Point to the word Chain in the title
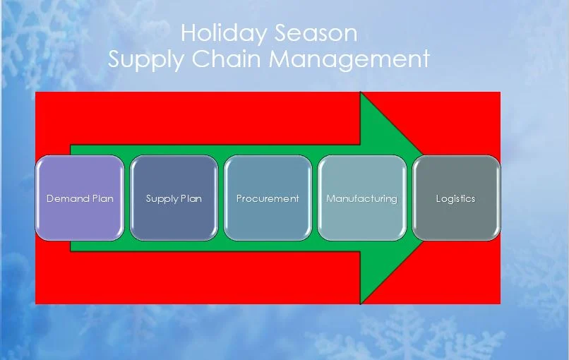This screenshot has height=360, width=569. (x=227, y=59)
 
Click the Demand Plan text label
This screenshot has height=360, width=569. (x=80, y=198)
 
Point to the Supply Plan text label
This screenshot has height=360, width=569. (x=174, y=198)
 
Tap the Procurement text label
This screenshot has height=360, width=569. (x=268, y=198)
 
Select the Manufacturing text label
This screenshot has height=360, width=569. (x=361, y=198)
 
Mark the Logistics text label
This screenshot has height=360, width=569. (x=455, y=198)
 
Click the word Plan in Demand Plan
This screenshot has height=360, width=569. (x=102, y=198)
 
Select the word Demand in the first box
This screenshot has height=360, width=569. (x=68, y=198)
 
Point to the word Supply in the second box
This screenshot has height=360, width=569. (x=161, y=199)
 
